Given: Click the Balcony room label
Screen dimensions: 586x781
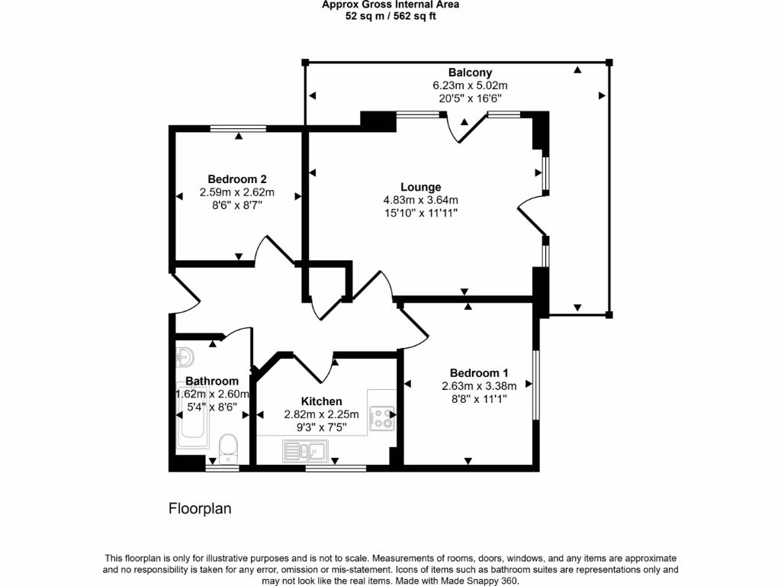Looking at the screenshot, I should [470, 72].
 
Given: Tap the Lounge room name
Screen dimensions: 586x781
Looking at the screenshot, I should [420, 187].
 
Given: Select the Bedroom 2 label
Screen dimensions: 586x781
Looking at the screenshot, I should [237, 179].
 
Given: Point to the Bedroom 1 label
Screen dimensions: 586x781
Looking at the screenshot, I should [479, 372].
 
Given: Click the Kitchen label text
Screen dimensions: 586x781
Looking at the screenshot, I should [321, 401].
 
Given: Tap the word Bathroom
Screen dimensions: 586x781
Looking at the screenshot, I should [212, 381].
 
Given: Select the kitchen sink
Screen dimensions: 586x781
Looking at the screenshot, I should [305, 452].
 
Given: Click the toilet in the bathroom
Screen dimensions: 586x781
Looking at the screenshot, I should [228, 448].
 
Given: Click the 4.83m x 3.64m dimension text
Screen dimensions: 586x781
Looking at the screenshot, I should [420, 200].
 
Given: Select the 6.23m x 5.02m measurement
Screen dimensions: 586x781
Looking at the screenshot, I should [470, 85].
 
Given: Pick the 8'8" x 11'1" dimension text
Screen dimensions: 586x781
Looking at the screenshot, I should [479, 398].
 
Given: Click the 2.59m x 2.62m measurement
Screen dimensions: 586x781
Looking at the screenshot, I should [237, 192].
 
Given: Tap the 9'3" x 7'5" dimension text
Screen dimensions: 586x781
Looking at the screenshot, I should [321, 427].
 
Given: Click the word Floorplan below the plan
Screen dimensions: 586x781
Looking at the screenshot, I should [199, 508].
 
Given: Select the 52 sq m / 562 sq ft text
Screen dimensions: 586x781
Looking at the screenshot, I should [390, 16].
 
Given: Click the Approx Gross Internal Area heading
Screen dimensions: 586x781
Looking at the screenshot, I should [390, 5].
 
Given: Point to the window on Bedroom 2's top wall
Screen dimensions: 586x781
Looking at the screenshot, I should [239, 128].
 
